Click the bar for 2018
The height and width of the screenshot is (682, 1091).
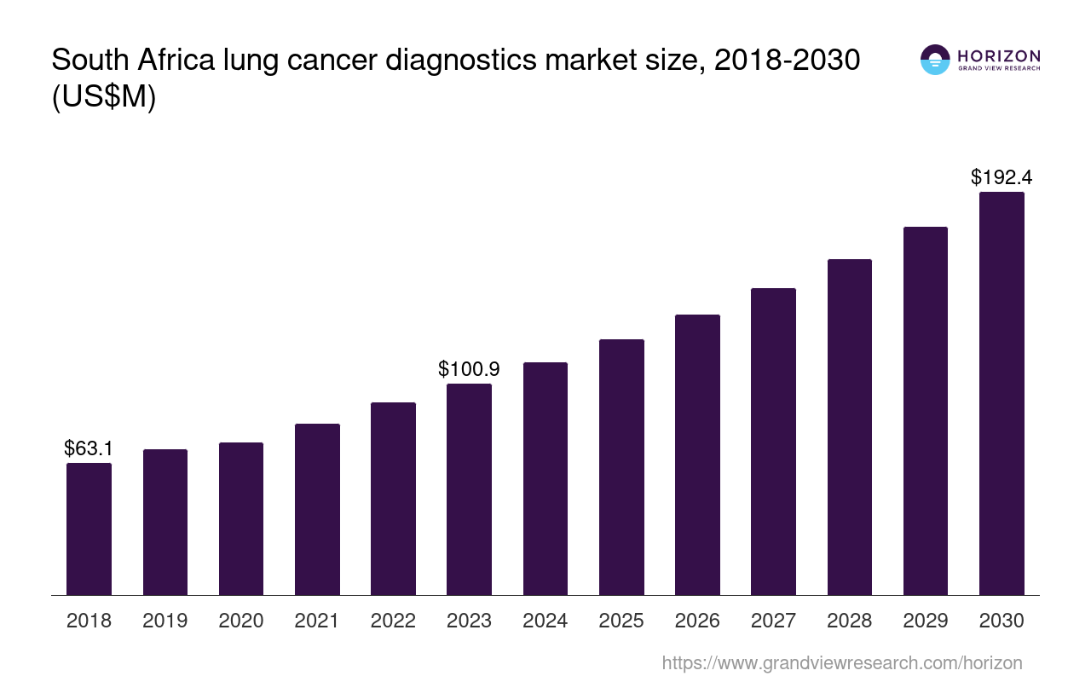pos(89,529)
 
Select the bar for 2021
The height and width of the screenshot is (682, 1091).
pos(317,509)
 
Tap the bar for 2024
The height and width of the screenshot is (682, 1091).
pos(545,478)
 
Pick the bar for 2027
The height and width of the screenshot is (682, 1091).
pos(773,442)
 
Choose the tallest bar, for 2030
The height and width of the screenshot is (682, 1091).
pos(1002,393)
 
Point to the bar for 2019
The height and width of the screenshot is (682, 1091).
pos(165,522)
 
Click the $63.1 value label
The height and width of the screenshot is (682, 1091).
pos(89,448)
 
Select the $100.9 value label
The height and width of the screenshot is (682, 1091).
pos(469,369)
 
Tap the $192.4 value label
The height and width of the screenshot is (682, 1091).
pos(1002,177)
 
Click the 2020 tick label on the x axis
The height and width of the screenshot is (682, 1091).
pos(241,621)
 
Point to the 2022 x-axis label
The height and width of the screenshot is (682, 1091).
pos(393,621)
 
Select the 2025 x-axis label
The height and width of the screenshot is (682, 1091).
pos(621,621)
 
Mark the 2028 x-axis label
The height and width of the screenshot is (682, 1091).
pos(849,621)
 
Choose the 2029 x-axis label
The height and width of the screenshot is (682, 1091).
pos(926,621)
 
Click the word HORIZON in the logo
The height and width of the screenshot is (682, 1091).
pos(999,56)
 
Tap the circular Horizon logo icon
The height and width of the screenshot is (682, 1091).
pos(935,60)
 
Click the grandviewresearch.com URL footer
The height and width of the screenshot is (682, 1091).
pos(842,662)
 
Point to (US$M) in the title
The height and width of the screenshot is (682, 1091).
pos(104,98)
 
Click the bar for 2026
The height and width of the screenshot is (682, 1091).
pos(697,454)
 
